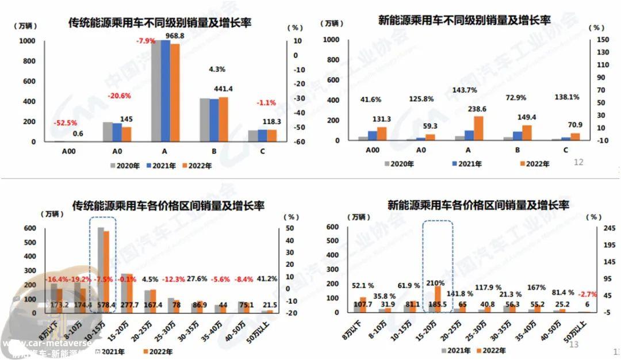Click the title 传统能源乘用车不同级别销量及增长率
pyautogui.click(x=160, y=23)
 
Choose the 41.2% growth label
pyautogui.click(x=266, y=279)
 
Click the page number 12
pyautogui.click(x=578, y=163)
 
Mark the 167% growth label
pyautogui.click(x=535, y=288)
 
